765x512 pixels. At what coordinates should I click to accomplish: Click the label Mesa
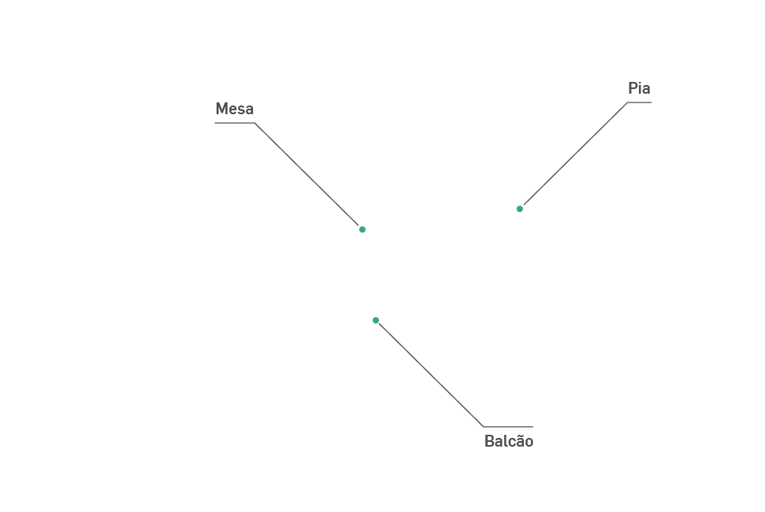[234, 109]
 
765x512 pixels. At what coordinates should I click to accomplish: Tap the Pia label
[639, 88]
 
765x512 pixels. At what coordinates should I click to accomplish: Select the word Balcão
[508, 441]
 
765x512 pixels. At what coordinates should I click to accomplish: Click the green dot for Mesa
[362, 229]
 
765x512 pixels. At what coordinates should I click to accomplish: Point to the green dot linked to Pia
[520, 209]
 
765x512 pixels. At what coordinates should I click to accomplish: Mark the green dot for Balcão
[376, 321]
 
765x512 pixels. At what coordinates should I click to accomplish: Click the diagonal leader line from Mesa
[307, 175]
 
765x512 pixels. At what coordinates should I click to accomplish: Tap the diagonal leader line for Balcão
[429, 373]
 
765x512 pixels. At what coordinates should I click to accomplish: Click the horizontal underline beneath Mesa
[234, 123]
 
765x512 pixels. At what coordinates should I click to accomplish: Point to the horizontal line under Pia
[640, 102]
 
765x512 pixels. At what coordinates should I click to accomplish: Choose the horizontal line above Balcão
[508, 427]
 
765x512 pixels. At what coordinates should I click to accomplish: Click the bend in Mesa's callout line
[254, 123]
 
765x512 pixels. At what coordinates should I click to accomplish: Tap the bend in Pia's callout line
[628, 102]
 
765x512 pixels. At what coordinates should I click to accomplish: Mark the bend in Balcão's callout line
[483, 427]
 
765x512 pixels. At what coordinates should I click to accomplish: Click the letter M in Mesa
[221, 109]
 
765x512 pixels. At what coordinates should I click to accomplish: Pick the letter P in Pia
[633, 88]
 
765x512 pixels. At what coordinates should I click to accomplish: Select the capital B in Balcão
[489, 441]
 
